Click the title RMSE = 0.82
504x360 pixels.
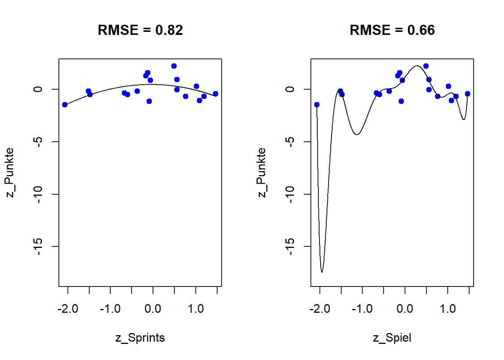[140, 30]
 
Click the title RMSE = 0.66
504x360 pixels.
[392, 30]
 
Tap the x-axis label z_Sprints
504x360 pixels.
[140, 337]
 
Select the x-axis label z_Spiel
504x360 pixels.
[392, 337]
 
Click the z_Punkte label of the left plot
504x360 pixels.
[9, 172]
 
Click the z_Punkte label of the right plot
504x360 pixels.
[261, 172]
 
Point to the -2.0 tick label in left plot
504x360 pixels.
[68, 309]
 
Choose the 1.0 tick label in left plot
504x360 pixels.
[196, 309]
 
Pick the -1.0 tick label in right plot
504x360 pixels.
[362, 309]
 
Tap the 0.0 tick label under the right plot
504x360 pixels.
[405, 309]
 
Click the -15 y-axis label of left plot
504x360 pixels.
[38, 246]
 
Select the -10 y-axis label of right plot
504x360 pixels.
[290, 194]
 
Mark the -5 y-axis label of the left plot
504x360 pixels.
[38, 142]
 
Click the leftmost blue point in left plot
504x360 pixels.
[65, 105]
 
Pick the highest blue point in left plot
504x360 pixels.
[174, 66]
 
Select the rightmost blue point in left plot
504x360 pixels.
[216, 94]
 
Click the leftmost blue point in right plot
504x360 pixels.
[317, 105]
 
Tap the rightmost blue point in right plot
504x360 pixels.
[468, 94]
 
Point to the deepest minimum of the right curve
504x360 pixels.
[322, 271]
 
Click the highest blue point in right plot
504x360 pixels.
[426, 66]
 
